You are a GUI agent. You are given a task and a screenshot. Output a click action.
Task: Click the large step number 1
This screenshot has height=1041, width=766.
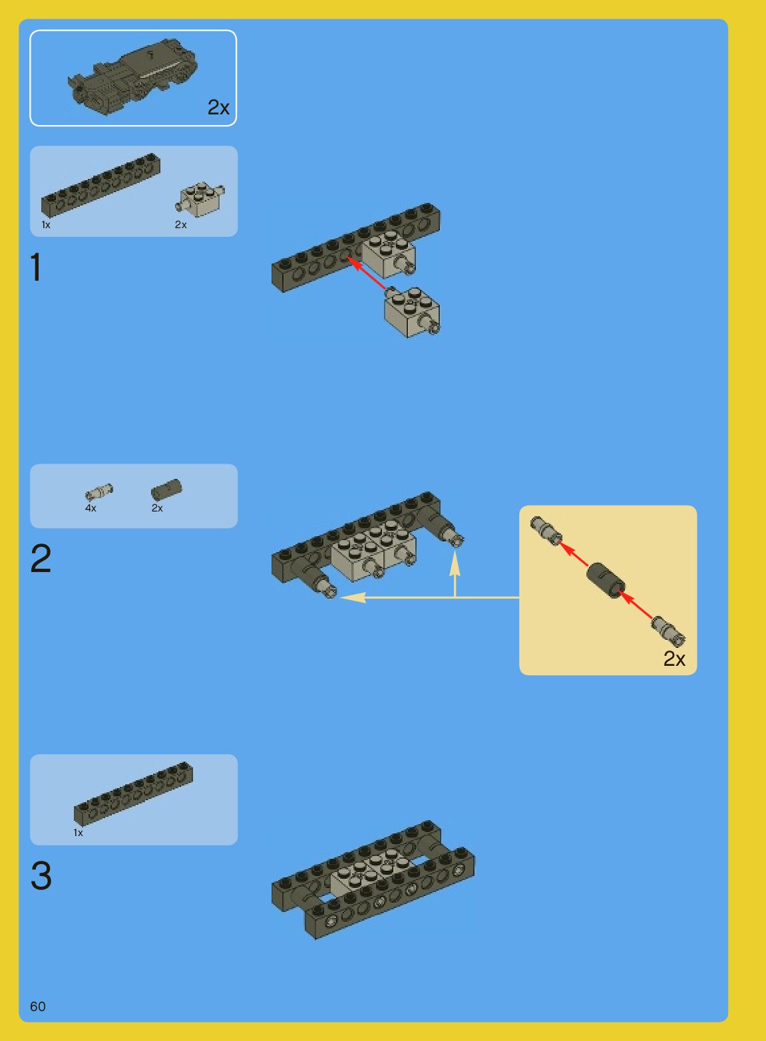point(36,267)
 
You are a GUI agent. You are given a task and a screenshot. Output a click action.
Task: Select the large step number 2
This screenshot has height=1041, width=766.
point(41,558)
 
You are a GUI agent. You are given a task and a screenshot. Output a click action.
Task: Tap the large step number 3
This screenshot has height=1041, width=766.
point(41,875)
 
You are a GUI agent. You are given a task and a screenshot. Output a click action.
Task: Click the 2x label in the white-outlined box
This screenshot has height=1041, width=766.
point(218,107)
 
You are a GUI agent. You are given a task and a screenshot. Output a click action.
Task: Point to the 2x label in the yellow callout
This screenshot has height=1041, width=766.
point(674,659)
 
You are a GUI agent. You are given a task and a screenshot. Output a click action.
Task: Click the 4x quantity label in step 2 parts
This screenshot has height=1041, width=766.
point(91,508)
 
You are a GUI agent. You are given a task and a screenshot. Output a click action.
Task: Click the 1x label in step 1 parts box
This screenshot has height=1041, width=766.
point(46,225)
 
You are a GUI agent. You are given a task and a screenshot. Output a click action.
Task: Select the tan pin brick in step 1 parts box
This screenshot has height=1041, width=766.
point(200,198)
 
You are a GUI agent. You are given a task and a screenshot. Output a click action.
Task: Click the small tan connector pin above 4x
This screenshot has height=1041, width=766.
point(99,492)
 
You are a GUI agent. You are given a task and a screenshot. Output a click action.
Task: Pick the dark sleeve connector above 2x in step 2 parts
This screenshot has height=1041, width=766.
point(166,490)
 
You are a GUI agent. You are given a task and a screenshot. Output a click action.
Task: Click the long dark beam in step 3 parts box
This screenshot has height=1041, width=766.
point(134,794)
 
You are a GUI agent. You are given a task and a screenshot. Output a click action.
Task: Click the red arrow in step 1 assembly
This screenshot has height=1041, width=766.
point(366,274)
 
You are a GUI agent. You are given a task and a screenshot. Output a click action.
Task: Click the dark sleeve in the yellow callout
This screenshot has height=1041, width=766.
point(605,581)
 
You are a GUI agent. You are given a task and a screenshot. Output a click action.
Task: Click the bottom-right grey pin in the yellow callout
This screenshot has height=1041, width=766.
point(668,630)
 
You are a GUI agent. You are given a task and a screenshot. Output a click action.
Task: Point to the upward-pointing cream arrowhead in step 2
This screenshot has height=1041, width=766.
point(455,561)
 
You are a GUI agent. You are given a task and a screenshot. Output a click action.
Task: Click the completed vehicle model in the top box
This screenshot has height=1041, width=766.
point(132,76)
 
